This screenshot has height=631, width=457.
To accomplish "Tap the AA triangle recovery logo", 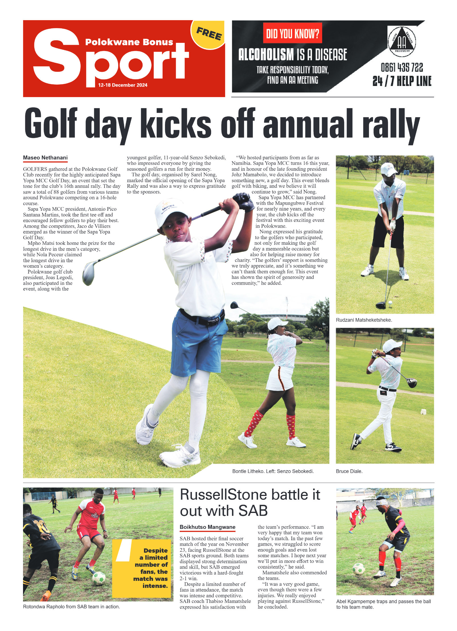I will tap(402, 41).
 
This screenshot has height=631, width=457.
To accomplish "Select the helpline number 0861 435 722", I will tap(402, 68).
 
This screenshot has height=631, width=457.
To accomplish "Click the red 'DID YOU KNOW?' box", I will tap(292, 33).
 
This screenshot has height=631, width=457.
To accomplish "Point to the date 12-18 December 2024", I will tap(123, 85).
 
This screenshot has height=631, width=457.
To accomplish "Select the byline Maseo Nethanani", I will tap(45, 158).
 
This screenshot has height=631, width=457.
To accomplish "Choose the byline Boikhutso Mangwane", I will tap(207, 527).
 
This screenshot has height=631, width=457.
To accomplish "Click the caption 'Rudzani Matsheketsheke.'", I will tap(364, 320).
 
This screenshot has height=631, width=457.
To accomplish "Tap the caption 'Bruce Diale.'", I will tap(349, 471).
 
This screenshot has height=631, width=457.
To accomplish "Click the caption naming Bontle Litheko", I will tap(273, 471).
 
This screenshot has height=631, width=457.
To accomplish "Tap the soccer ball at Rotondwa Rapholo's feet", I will tap(99, 578).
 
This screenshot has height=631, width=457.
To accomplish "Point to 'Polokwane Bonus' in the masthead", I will tap(129, 42).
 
